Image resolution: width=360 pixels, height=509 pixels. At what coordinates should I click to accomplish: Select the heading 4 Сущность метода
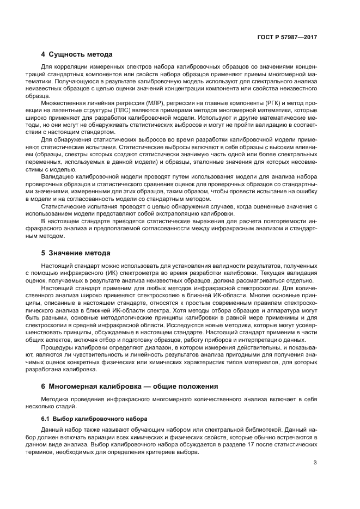[x=77, y=54]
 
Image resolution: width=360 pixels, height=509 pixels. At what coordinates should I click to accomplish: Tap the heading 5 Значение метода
[x=76, y=253]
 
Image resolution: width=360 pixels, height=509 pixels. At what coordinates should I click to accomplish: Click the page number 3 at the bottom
[x=315, y=463]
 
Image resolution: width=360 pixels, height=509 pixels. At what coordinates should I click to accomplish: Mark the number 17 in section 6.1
[x=256, y=444]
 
